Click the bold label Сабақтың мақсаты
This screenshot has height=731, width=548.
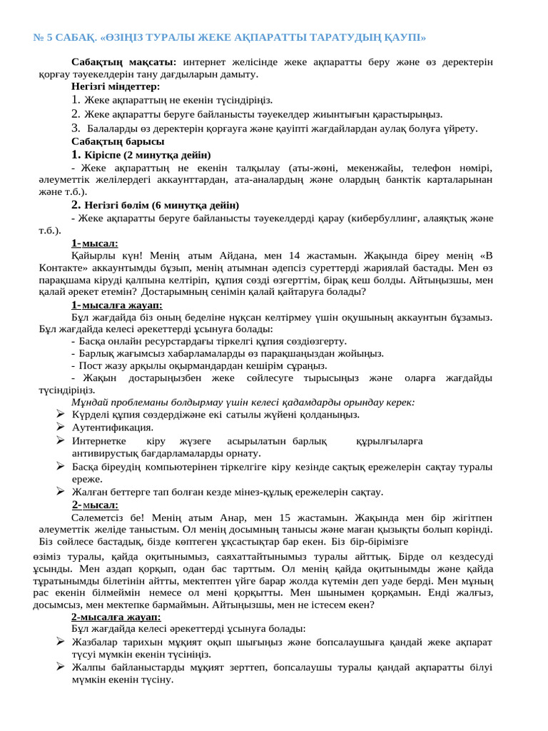point(125,62)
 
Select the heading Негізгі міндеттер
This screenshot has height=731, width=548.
point(116,86)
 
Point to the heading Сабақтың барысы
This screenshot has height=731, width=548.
point(113,141)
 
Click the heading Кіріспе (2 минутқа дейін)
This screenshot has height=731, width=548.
point(147,155)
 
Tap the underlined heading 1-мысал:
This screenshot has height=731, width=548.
point(95,243)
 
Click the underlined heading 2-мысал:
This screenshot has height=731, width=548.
point(95,505)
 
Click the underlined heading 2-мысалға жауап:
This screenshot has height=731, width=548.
point(116,616)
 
